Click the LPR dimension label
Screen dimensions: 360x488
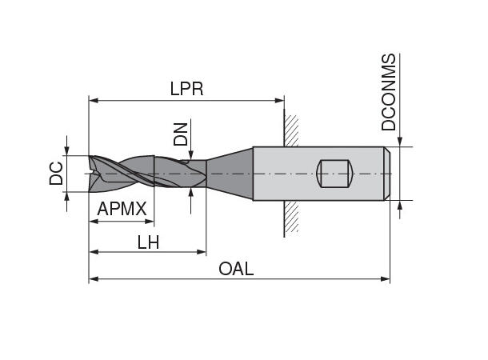186,89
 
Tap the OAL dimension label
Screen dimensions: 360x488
236,269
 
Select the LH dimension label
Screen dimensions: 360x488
147,242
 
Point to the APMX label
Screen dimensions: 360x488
122,210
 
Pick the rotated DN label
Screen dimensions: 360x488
182,134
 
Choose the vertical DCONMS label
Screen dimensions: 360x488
389,93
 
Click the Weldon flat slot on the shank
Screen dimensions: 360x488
334,173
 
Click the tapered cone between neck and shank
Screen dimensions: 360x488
230,172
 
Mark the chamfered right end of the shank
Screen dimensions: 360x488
387,173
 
